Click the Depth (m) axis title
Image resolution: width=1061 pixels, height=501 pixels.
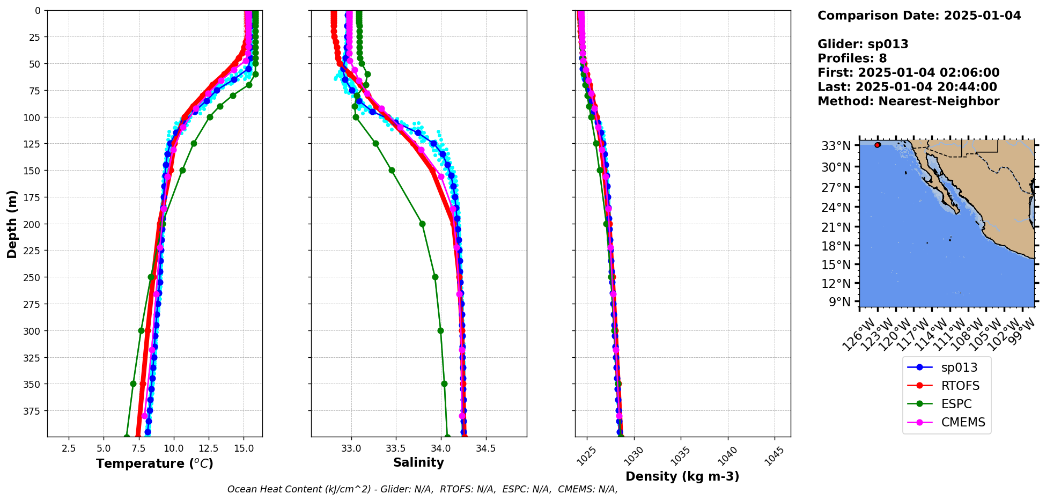pyautogui.click(x=12, y=224)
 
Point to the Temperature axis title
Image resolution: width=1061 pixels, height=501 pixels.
pyautogui.click(x=154, y=463)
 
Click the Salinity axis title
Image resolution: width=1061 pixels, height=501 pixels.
pyautogui.click(x=418, y=462)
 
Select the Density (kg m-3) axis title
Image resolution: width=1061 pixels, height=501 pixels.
pyautogui.click(x=682, y=476)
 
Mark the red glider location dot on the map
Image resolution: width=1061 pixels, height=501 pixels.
pyautogui.click(x=878, y=145)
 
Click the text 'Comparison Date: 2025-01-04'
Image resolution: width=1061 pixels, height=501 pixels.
pyautogui.click(x=919, y=16)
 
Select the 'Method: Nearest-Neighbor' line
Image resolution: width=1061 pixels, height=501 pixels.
pyautogui.click(x=908, y=101)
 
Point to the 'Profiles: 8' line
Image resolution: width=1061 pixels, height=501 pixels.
pyautogui.click(x=852, y=58)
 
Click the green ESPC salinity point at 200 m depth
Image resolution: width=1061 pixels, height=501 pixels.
pyautogui.click(x=422, y=224)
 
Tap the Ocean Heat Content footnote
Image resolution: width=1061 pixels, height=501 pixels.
pyautogui.click(x=422, y=489)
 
